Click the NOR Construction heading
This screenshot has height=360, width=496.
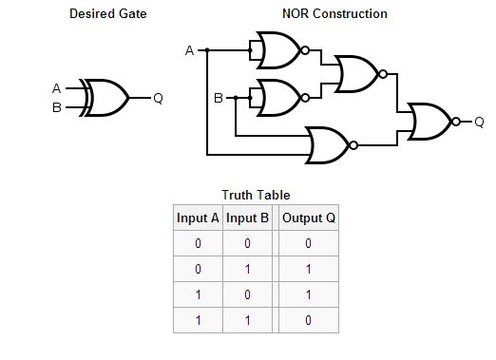(x=335, y=14)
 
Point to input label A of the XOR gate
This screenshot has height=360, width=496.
(x=57, y=88)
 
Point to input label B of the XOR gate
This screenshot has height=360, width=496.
(x=57, y=107)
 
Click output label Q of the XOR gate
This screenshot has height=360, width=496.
(x=158, y=98)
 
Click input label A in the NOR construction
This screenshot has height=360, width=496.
(x=190, y=49)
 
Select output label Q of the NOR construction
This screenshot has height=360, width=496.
(x=479, y=122)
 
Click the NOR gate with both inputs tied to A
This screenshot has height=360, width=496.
(x=277, y=49)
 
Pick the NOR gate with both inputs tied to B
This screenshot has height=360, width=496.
(x=277, y=97)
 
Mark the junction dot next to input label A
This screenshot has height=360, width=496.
(x=208, y=49)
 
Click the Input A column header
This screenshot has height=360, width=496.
(x=198, y=218)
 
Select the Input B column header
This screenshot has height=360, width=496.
(x=247, y=218)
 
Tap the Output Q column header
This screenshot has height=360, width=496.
(x=309, y=218)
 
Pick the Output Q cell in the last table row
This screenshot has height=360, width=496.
(x=309, y=320)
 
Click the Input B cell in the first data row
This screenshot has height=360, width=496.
(x=247, y=243)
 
